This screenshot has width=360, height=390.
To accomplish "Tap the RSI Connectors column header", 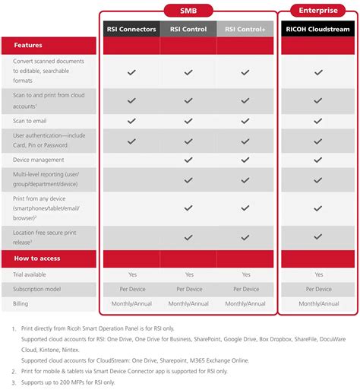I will (x=131, y=30).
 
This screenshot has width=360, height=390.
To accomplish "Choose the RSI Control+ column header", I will (x=245, y=30).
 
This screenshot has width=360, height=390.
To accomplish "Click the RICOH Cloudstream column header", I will (x=318, y=30).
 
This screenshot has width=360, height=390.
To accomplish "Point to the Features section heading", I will (x=27, y=46).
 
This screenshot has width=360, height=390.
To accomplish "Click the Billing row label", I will (x=21, y=303).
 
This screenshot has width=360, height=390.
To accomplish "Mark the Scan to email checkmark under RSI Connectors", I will (x=131, y=121).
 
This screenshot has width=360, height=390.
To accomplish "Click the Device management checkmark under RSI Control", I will (x=189, y=160).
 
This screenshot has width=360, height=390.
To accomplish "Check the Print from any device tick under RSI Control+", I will (x=245, y=208).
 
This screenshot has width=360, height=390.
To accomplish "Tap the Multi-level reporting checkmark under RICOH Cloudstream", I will (x=318, y=179).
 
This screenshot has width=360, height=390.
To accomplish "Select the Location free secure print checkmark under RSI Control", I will (x=189, y=236).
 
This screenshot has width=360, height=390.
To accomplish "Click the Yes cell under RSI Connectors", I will (x=131, y=274).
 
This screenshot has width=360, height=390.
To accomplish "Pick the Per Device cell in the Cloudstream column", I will (x=318, y=289).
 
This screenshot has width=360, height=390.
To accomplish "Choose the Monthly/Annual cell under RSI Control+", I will (x=245, y=303).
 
